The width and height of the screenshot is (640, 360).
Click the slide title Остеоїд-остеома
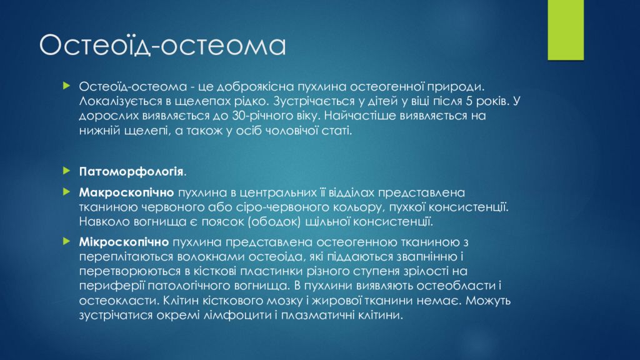pyautogui.click(x=162, y=45)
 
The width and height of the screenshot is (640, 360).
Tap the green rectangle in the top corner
pyautogui.click(x=566, y=30)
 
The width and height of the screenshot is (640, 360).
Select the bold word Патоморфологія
pyautogui.click(x=131, y=172)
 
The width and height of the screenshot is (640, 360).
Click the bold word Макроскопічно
pyautogui.click(x=126, y=192)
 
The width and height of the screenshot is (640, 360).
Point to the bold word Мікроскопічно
pyautogui.click(x=124, y=242)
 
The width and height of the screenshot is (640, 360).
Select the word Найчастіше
pyautogui.click(x=359, y=116)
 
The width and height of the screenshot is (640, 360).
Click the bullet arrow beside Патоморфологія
pyautogui.click(x=67, y=171)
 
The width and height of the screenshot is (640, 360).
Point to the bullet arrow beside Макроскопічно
pyautogui.click(x=67, y=191)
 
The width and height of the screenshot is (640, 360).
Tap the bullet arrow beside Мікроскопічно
pyautogui.click(x=67, y=241)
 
